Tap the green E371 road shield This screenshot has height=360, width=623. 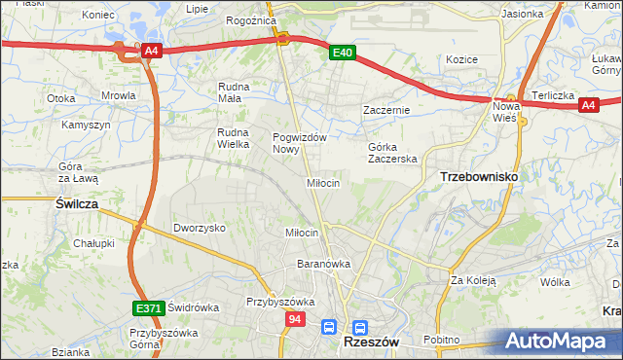(x=148, y=308)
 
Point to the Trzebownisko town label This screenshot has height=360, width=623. (x=479, y=176)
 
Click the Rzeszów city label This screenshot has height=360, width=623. (x=367, y=343)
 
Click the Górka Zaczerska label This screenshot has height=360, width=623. (x=392, y=153)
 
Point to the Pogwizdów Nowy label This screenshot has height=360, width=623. (x=299, y=143)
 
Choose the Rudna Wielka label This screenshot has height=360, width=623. (x=235, y=138)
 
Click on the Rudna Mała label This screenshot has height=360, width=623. (x=235, y=91)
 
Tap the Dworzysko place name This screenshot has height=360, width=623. (x=200, y=228)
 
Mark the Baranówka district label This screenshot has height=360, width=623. (x=324, y=264)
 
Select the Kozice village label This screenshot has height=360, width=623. (x=461, y=59)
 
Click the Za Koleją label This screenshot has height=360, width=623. (x=473, y=281)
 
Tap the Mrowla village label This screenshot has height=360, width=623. (x=118, y=96)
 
